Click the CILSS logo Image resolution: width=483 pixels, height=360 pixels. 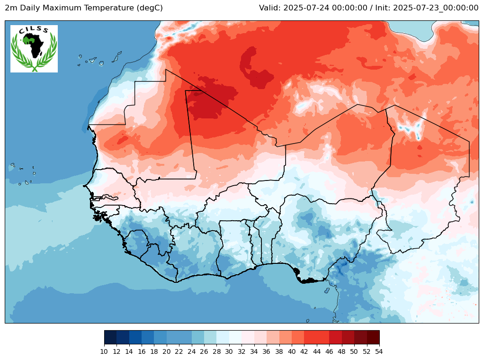coord(34,49)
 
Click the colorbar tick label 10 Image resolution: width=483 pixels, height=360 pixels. coord(104,351)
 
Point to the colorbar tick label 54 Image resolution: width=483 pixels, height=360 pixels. coord(379,351)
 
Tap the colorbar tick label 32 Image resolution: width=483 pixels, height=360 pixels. coord(241,351)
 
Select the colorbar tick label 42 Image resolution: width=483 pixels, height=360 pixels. coord(304,351)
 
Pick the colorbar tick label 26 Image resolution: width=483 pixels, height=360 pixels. coord(204,351)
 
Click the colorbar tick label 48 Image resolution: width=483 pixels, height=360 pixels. coord(341,351)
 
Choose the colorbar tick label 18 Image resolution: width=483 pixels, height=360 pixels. coord(154,351)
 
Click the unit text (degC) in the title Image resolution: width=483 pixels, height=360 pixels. coord(146,8)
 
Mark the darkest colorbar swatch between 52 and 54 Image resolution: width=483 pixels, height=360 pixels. coord(373,337)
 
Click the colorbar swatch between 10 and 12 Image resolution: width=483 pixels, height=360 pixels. coord(110,337)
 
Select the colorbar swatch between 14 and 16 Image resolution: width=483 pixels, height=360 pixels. coord(135,337)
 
